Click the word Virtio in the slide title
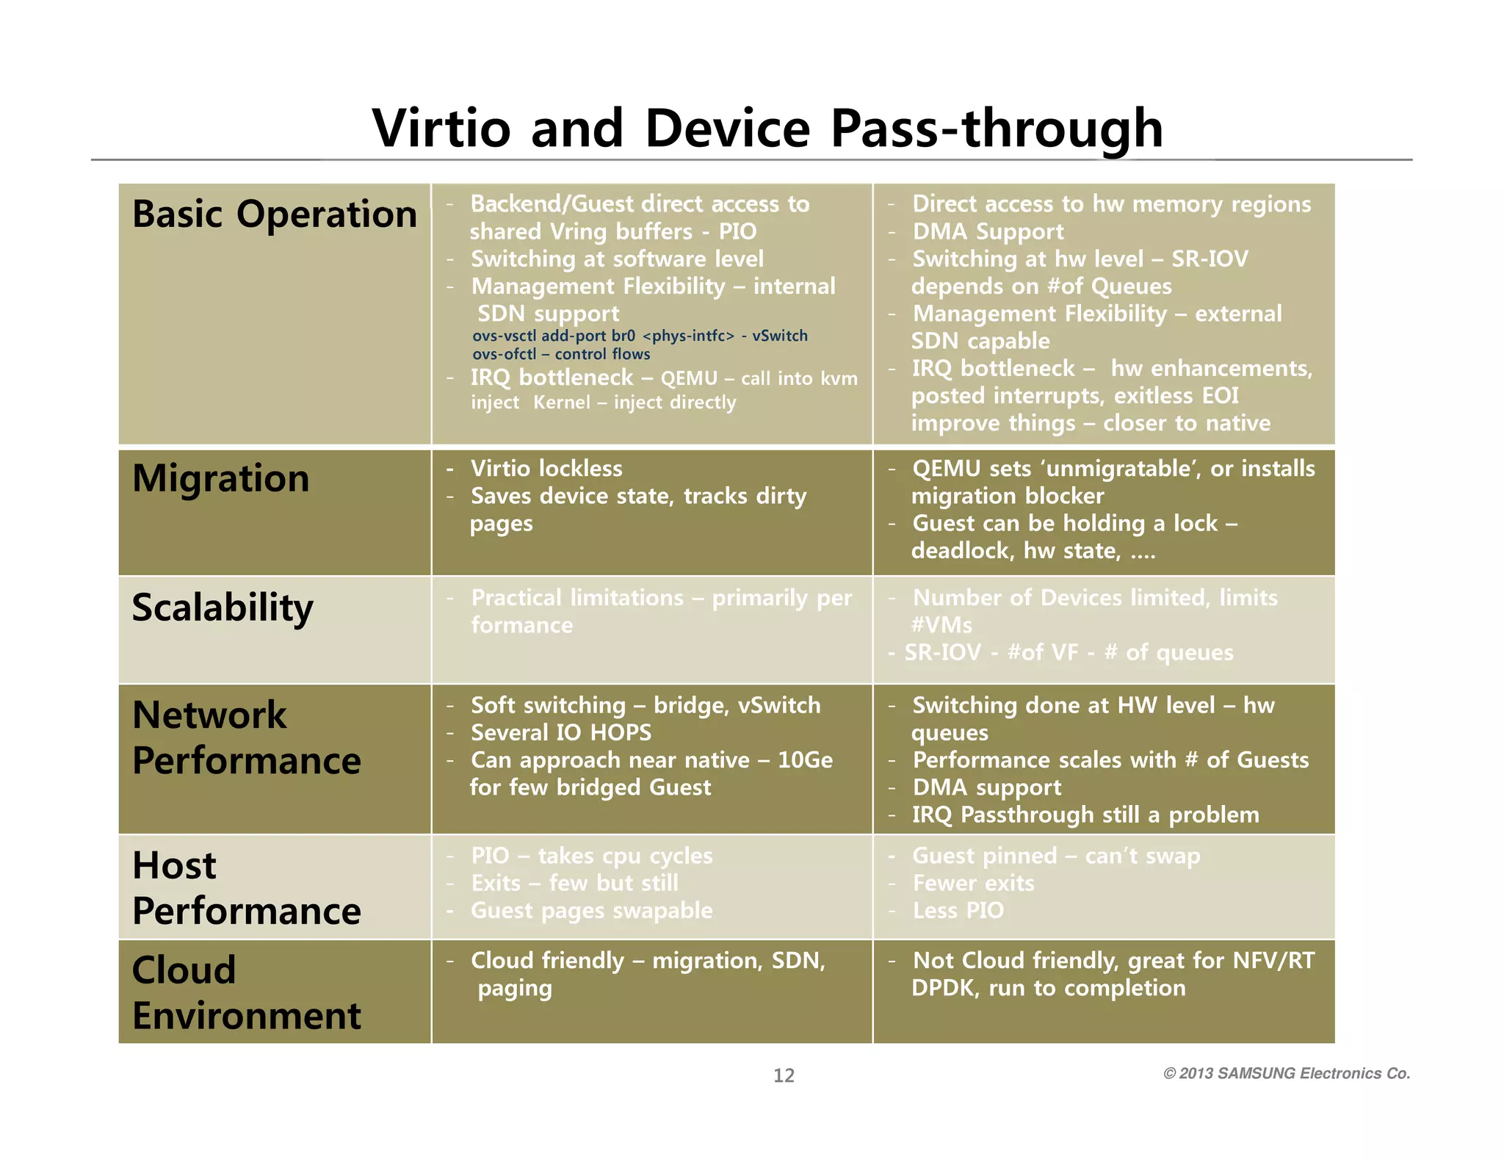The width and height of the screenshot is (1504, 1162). [441, 128]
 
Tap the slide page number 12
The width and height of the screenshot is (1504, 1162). [784, 1075]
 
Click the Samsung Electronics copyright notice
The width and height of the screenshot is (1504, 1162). [1287, 1073]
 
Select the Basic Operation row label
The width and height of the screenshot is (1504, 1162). [275, 214]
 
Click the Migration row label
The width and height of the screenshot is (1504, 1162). [220, 478]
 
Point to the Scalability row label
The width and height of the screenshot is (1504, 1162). [223, 607]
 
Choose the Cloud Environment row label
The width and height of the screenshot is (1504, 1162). [246, 992]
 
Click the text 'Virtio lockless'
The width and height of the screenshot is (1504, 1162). [546, 469]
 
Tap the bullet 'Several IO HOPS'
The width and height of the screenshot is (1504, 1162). [560, 732]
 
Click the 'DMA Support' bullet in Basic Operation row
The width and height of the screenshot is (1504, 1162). [988, 231]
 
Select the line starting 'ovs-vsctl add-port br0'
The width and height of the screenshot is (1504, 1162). [639, 336]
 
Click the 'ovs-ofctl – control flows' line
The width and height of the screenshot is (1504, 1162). [561, 354]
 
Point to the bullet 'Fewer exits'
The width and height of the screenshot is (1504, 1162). [973, 883]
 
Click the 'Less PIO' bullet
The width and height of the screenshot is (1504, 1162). [958, 910]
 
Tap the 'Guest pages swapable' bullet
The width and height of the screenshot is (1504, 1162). [591, 910]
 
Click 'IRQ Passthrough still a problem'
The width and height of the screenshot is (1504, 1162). [1085, 815]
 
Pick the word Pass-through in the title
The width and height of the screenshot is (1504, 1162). [997, 128]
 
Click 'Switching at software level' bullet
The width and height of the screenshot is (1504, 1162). [617, 259]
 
